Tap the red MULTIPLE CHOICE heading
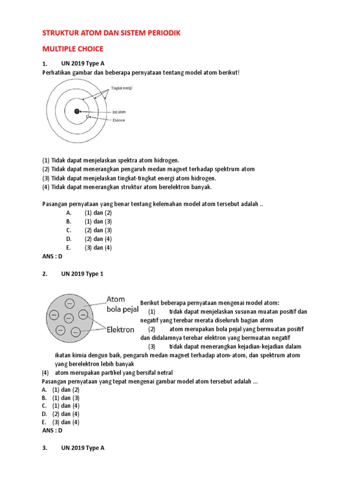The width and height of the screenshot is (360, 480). pos(73,49)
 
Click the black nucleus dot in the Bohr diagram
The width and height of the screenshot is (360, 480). pos(76,112)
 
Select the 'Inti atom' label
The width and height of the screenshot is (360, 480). pos(119,112)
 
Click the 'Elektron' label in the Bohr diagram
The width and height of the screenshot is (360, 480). pos(119,120)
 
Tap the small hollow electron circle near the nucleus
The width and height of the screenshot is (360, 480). pos(87,115)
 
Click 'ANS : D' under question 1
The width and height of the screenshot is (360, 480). pos(52,256)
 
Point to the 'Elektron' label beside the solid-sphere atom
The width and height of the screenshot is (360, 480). pos(120,330)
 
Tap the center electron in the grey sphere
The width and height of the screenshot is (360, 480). pos(68,319)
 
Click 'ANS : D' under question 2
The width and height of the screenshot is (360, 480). pos(52,430)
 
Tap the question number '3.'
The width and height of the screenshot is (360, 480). pos(45,448)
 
